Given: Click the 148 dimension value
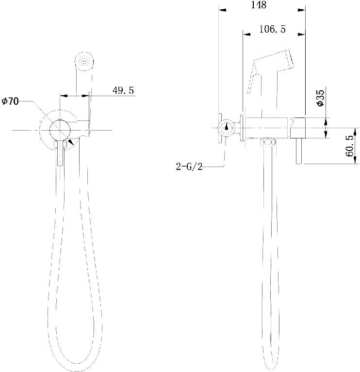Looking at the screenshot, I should coord(259,5).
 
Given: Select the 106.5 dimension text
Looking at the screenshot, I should coord(272,30).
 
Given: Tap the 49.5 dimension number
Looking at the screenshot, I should coord(123,91).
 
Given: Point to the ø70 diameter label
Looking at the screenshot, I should coord(10,101).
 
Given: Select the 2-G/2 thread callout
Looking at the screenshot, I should coord(189,167).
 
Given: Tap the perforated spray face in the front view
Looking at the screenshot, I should coord(85,61).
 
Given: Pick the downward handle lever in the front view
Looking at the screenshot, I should coord(61,153).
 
